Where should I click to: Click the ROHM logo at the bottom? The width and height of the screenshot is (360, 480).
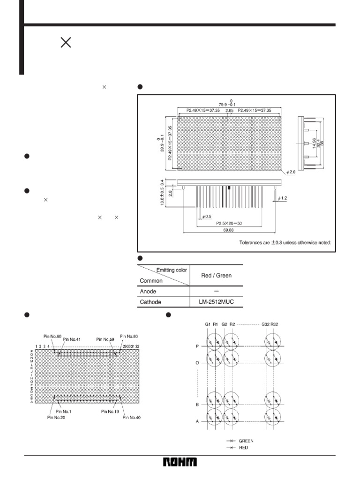click(x=180, y=463)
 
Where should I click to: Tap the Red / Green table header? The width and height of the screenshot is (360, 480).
click(x=216, y=275)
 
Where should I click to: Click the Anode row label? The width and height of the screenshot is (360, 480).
click(x=148, y=291)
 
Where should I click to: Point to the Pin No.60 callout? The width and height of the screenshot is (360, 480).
click(x=52, y=336)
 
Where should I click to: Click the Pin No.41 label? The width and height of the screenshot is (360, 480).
click(x=72, y=339)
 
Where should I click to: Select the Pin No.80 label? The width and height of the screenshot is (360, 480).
click(x=129, y=336)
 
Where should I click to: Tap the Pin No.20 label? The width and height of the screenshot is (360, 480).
click(x=56, y=417)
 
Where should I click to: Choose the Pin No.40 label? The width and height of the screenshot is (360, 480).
click(x=131, y=417)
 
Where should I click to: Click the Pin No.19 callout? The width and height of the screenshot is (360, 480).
click(x=111, y=412)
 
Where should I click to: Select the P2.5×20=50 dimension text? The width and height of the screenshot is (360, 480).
click(x=229, y=224)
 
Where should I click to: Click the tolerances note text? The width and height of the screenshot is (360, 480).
click(x=285, y=243)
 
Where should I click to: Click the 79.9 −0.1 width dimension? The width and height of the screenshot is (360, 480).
click(x=230, y=104)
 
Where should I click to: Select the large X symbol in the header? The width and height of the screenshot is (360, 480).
click(x=66, y=43)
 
